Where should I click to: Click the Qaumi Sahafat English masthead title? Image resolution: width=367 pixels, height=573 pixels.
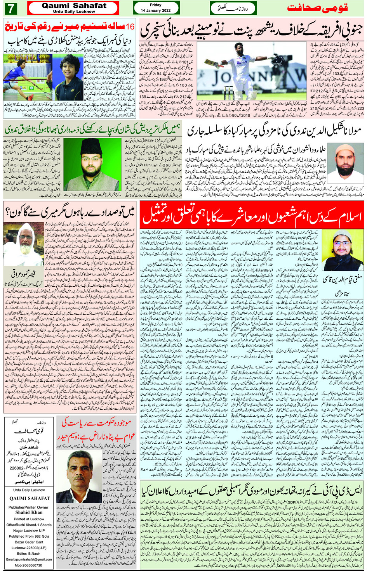pos(74,6)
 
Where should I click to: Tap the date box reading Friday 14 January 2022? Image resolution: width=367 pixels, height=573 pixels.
pos(156,8)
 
